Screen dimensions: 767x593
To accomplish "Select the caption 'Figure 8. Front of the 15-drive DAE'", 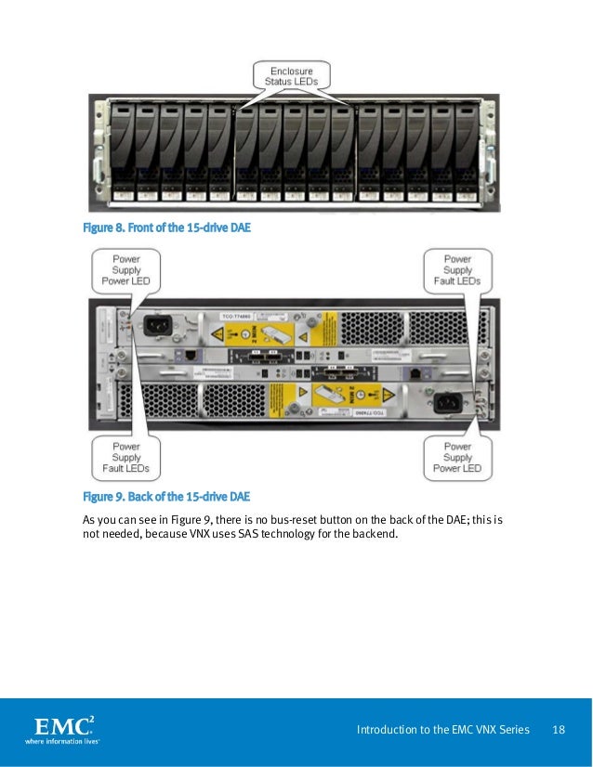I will (166, 227).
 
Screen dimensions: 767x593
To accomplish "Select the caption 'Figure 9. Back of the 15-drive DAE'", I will (166, 497).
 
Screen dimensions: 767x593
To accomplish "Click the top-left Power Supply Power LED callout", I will (125, 270).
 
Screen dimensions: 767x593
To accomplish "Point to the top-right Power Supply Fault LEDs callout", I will (456, 270).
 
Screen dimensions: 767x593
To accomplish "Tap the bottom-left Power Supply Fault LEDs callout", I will (125, 458).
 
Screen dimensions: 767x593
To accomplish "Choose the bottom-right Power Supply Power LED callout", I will (456, 458).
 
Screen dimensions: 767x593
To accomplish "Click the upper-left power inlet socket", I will (155, 325).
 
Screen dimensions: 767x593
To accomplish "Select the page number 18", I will (559, 730).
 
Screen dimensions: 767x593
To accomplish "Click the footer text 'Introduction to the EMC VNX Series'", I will (442, 730).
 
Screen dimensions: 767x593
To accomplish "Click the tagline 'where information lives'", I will (61, 741).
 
